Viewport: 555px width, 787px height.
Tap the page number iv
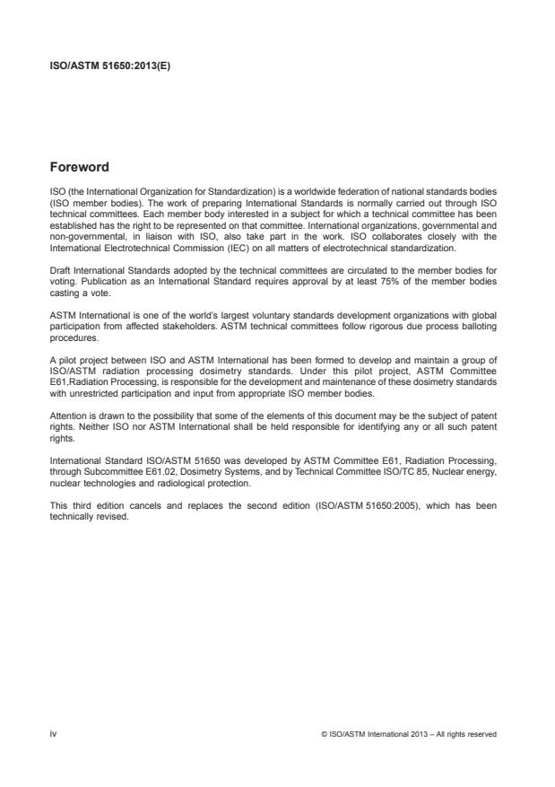(53, 734)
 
